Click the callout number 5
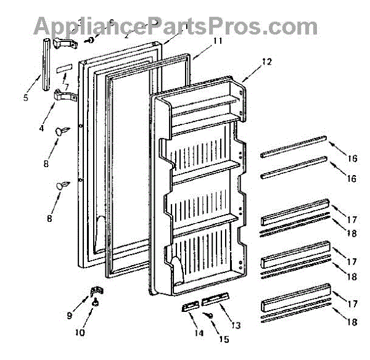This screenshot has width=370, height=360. coord(27,97)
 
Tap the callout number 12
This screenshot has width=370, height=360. coord(266,61)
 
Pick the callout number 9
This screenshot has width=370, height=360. coord(70,300)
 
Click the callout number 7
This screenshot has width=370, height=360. coord(66,87)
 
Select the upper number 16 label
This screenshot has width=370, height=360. coord(352,158)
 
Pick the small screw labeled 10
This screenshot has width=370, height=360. coord(96,302)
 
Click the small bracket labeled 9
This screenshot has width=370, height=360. coord(96,290)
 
